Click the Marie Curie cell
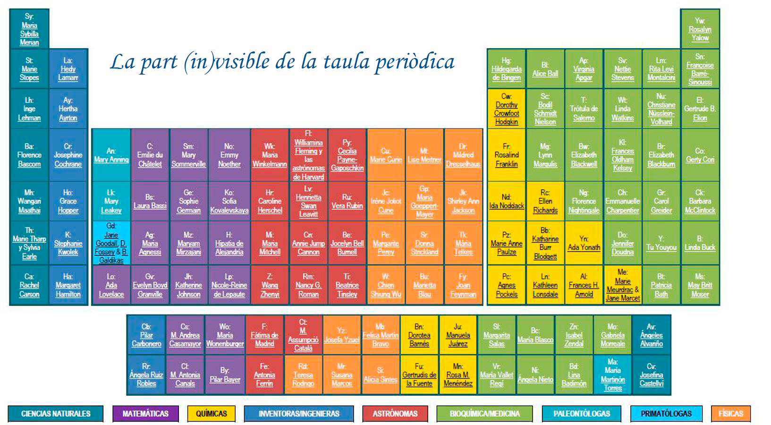pos(386,155)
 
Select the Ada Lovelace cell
pos(111,285)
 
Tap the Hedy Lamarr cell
pos(68,69)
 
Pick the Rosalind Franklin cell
pos(506,155)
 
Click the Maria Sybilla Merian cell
pos(29,29)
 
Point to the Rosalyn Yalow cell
pos(700,29)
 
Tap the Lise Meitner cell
pos(424,155)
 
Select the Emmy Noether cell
pos(229,155)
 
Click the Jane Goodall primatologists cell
pos(111,243)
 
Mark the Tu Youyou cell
pos(661,243)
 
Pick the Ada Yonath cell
pos(584,243)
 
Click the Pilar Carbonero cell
pos(146,335)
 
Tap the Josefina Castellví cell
pos(651,375)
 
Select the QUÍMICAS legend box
pos(211,414)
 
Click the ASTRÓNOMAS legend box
pos(395,414)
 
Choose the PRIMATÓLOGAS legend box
pos(666,414)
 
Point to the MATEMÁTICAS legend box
pos(145,414)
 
